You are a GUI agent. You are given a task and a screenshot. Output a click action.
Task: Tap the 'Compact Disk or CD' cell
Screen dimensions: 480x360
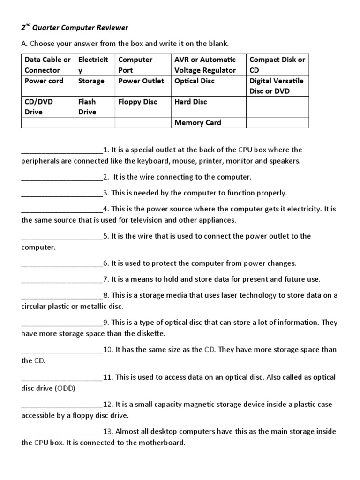click(x=277, y=65)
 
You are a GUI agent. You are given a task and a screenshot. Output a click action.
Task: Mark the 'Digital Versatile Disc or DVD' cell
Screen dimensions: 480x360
click(x=277, y=86)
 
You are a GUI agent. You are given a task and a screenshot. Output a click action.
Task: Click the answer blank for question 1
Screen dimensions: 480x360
click(x=62, y=150)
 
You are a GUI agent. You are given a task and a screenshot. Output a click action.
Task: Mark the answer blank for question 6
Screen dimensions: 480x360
click(x=62, y=264)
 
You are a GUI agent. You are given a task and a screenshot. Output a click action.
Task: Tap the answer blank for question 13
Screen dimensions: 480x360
click(x=62, y=432)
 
